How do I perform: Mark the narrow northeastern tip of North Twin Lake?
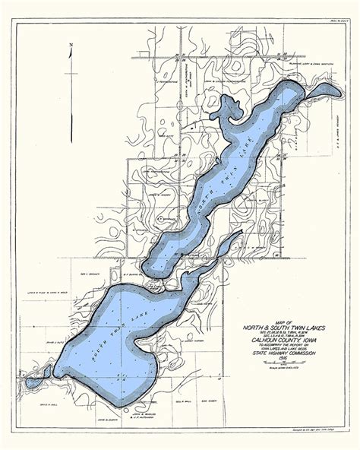pos(319,90)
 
